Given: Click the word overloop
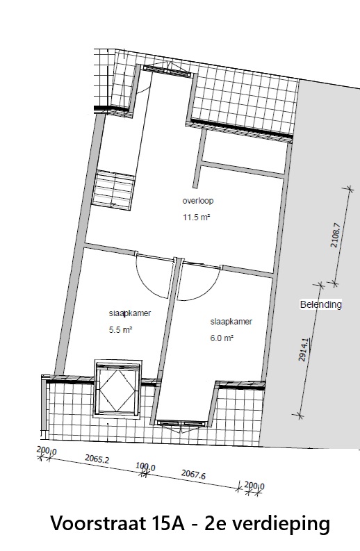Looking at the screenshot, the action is tap(197, 201).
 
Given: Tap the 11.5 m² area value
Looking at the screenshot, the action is tap(196, 217).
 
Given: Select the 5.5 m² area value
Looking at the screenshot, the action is tap(121, 329).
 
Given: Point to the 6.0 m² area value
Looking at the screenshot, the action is tap(222, 338).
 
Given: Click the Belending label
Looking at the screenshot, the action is tap(320, 304).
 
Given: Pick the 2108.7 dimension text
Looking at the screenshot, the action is tap(336, 235).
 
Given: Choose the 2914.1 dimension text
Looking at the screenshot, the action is tap(304, 349).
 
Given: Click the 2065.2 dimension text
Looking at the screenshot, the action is tap(97, 459).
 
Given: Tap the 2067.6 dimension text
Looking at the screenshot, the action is tap(193, 475).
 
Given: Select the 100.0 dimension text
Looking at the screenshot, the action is tap(145, 467).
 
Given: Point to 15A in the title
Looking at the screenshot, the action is tap(172, 524).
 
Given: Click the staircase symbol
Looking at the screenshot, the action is tap(113, 190).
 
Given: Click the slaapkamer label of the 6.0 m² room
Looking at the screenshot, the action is tap(231, 322).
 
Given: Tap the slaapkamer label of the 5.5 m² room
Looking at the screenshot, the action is tap(130, 313).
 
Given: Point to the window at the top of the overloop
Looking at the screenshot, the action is tap(166, 69).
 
